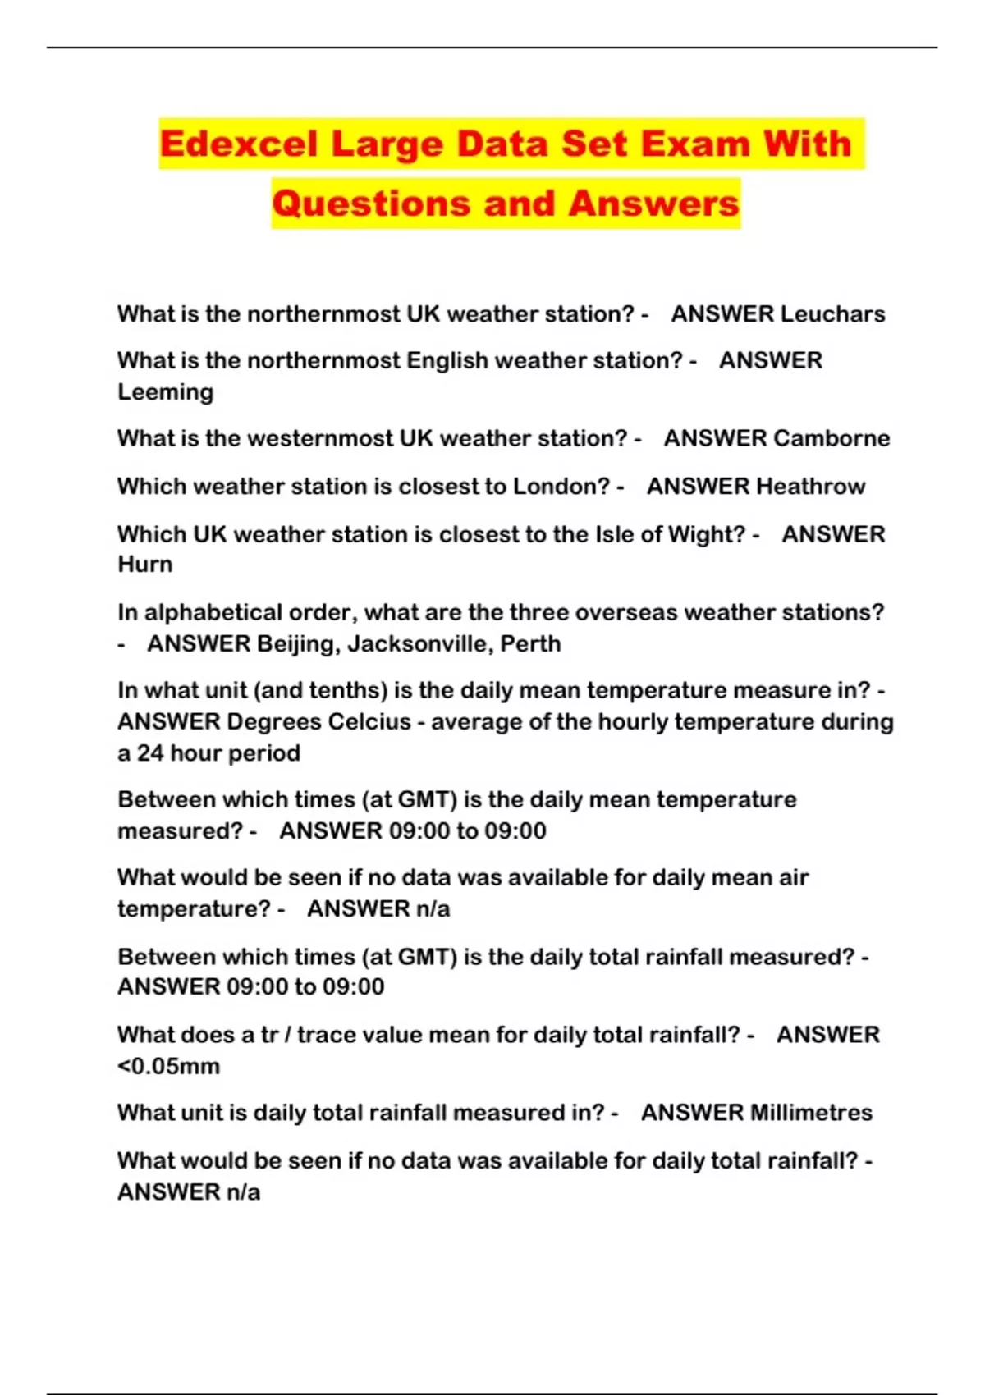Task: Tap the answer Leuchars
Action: coord(832,314)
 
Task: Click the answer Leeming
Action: coord(165,392)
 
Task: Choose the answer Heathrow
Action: coord(810,487)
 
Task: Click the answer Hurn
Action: coord(145,565)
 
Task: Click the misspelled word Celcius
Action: coord(369,722)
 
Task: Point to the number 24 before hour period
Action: coord(150,753)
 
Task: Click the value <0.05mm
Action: coord(169,1067)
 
